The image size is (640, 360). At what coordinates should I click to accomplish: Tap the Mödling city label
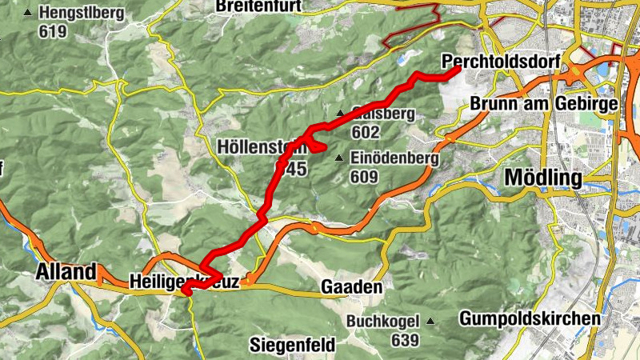(x=542, y=177)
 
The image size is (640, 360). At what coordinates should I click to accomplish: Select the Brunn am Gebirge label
(x=544, y=105)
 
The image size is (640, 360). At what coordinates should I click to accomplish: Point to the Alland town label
(x=66, y=272)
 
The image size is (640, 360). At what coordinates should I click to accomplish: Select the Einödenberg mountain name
(x=394, y=158)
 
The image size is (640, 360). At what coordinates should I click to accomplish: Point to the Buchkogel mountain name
(x=383, y=322)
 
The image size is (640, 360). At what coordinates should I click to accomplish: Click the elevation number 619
(x=53, y=32)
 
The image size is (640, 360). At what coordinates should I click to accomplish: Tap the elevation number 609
(x=362, y=176)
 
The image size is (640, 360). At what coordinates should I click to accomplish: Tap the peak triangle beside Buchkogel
(x=430, y=322)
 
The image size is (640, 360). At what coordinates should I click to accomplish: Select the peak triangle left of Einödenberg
(x=340, y=158)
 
